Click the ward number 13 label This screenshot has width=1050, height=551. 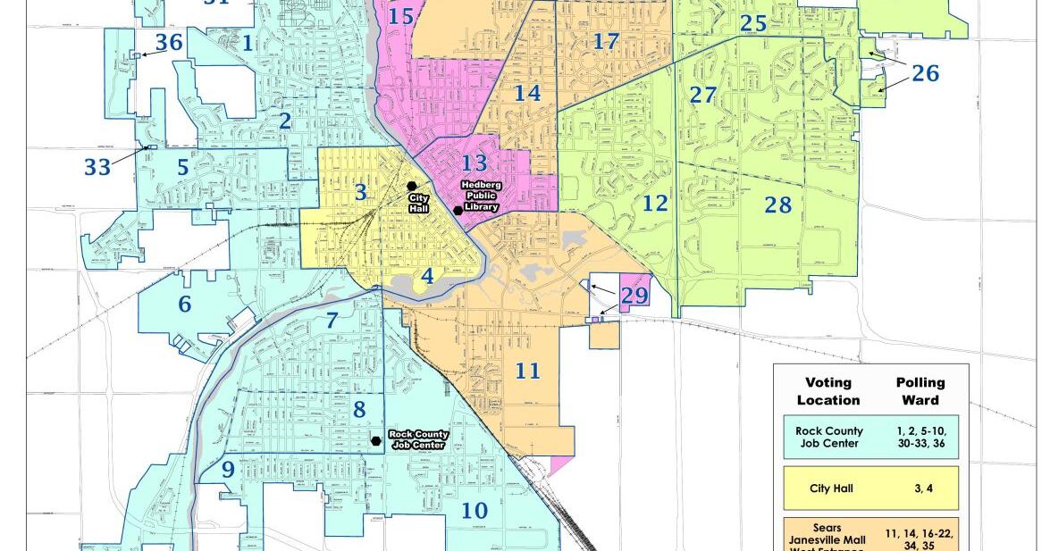[475, 163]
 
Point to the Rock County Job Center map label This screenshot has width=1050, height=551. [417, 439]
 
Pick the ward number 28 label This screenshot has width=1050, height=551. [777, 205]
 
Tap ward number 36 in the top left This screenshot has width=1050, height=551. [169, 42]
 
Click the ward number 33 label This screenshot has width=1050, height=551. [98, 167]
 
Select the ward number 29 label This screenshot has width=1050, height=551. [634, 295]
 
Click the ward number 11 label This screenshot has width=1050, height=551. [527, 370]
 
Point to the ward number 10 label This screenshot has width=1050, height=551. [475, 511]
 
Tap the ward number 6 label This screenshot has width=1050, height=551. [184, 305]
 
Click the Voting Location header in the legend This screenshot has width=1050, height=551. [828, 391]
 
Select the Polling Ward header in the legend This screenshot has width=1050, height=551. [920, 391]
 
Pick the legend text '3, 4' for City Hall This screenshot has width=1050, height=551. [920, 488]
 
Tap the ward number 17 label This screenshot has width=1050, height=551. [605, 41]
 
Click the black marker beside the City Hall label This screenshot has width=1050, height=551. [412, 186]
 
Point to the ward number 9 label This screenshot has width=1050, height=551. [228, 470]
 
